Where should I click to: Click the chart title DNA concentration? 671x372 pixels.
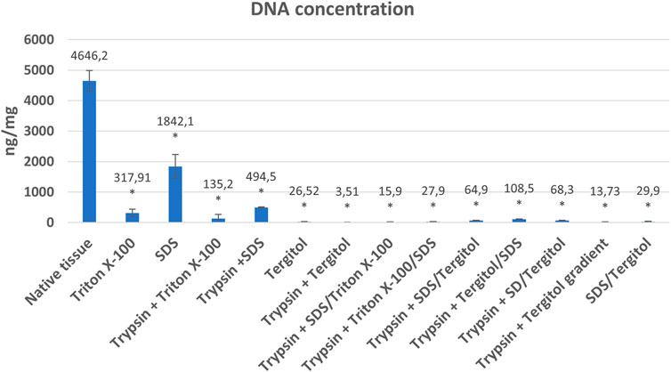335,12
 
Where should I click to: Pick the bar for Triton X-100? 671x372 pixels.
133,217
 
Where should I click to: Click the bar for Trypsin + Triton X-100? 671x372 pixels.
219,219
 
